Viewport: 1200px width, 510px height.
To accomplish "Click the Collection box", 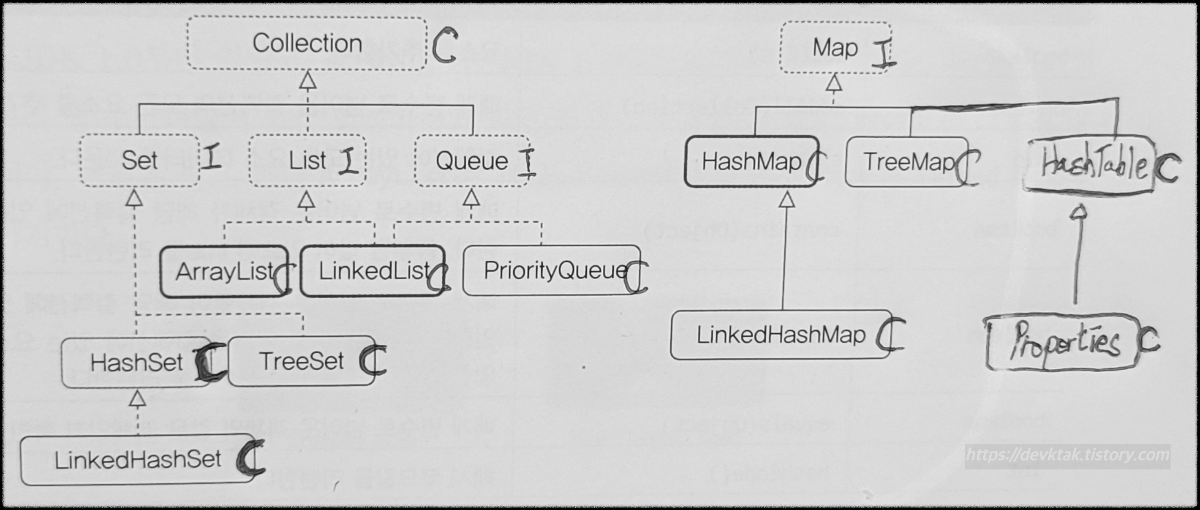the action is pyautogui.click(x=307, y=44).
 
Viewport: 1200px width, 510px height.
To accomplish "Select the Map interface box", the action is pyautogui.click(x=835, y=48).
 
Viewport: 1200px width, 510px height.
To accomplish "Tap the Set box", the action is pyautogui.click(x=139, y=161).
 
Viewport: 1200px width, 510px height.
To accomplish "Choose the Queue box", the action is pyautogui.click(x=472, y=161).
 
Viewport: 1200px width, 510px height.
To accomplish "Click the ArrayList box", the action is pyautogui.click(x=224, y=271).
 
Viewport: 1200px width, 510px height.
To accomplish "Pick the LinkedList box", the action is pyautogui.click(x=373, y=271).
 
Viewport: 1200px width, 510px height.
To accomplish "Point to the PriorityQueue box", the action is pyautogui.click(x=552, y=270).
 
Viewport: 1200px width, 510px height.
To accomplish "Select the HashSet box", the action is pyautogui.click(x=136, y=363).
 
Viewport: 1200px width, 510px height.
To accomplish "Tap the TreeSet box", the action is pyautogui.click(x=302, y=361).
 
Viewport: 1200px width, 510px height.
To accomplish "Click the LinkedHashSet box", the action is pyautogui.click(x=138, y=460).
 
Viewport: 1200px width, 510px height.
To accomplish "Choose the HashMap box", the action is pyautogui.click(x=751, y=162).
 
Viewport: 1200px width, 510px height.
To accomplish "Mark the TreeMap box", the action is pyautogui.click(x=906, y=162).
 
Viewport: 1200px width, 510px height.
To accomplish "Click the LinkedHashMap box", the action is pyautogui.click(x=781, y=335).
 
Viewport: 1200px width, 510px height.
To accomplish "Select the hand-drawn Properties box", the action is pyautogui.click(x=1063, y=343).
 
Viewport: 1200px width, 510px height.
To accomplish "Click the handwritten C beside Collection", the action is pyautogui.click(x=444, y=45).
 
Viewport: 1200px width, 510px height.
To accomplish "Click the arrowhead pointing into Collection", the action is pyautogui.click(x=307, y=81).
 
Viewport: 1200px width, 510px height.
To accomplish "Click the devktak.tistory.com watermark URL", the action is pyautogui.click(x=1067, y=455).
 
